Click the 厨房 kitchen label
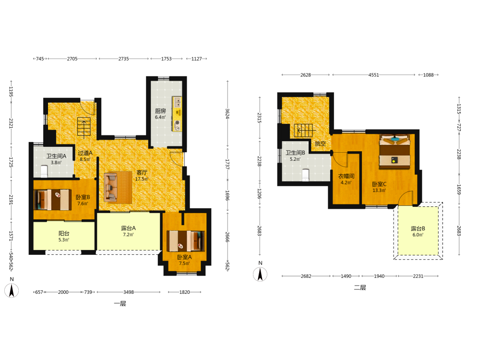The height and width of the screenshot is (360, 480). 160,111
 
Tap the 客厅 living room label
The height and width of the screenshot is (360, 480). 142,173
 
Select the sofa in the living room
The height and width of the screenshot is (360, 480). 110,187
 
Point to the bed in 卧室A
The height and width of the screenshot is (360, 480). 185,241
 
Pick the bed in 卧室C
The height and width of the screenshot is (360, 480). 395,152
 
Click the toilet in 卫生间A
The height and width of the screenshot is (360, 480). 44,171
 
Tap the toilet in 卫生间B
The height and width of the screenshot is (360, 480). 306,175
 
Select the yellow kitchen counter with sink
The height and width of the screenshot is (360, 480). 177,114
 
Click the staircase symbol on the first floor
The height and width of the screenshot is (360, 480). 84,126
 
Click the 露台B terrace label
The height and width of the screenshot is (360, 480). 418,228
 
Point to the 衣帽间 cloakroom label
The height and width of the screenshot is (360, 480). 346,176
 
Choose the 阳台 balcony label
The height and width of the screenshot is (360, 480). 64,234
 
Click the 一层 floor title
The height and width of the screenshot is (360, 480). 120,304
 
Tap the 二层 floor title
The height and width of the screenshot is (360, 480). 360,288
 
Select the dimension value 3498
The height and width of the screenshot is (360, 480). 129,292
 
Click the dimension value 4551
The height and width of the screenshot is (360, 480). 373,75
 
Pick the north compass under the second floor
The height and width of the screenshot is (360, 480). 260,274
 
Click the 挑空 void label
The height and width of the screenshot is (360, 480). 320,144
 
